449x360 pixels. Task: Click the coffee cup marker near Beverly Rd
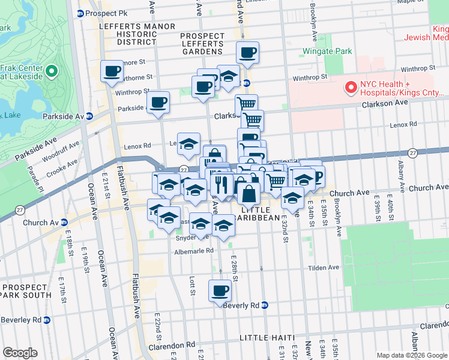(x=220, y=292)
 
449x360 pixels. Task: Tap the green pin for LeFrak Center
(x=51, y=72)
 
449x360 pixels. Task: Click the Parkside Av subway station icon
(x=89, y=116)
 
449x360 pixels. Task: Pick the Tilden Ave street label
(x=324, y=268)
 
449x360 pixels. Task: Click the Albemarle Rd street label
(x=193, y=250)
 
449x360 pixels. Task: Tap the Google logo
(x=20, y=353)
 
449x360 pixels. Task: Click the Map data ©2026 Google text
(x=411, y=355)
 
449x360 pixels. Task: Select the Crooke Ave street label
(x=63, y=166)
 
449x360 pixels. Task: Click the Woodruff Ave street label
(x=62, y=152)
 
